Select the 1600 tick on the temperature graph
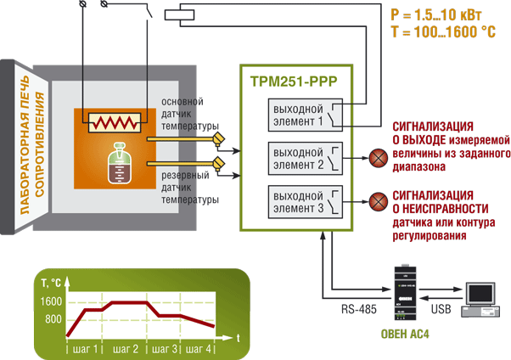click(51, 302)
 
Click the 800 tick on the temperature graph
click(53, 318)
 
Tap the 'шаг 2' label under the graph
click(125, 348)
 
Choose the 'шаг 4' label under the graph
click(198, 348)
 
